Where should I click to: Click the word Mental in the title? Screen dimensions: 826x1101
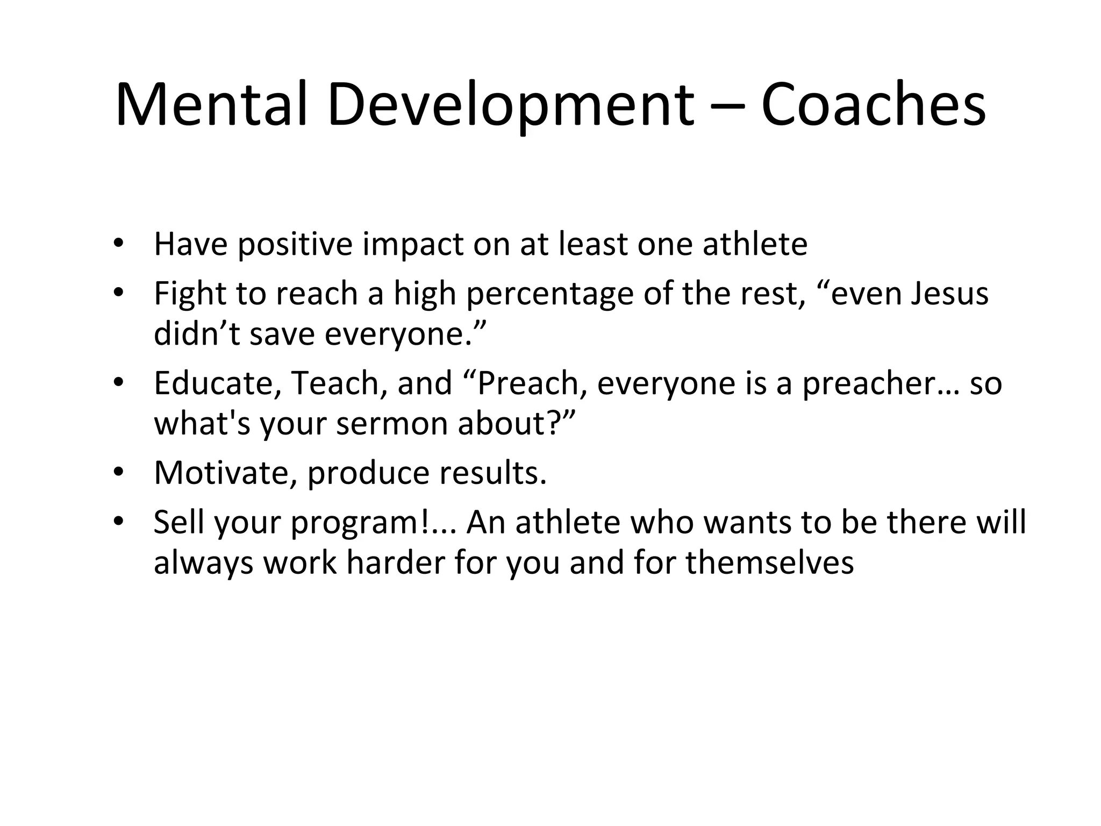pyautogui.click(x=211, y=104)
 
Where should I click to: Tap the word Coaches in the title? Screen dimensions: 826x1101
pyautogui.click(x=874, y=104)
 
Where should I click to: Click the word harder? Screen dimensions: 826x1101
pyautogui.click(x=395, y=563)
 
